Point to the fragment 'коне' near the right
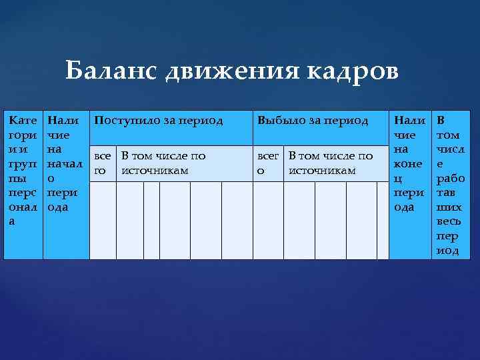(408, 164)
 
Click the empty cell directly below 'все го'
(103, 221)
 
